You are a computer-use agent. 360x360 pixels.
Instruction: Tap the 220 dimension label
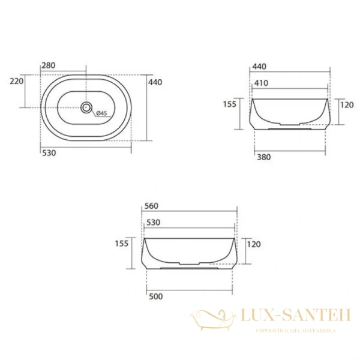coord(17,80)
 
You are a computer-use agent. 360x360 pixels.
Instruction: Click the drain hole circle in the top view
coord(86,108)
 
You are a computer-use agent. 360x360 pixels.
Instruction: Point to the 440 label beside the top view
coord(155,81)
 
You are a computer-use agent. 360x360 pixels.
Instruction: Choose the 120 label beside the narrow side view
coord(347,104)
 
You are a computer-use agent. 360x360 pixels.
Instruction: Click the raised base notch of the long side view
coord(190,264)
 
